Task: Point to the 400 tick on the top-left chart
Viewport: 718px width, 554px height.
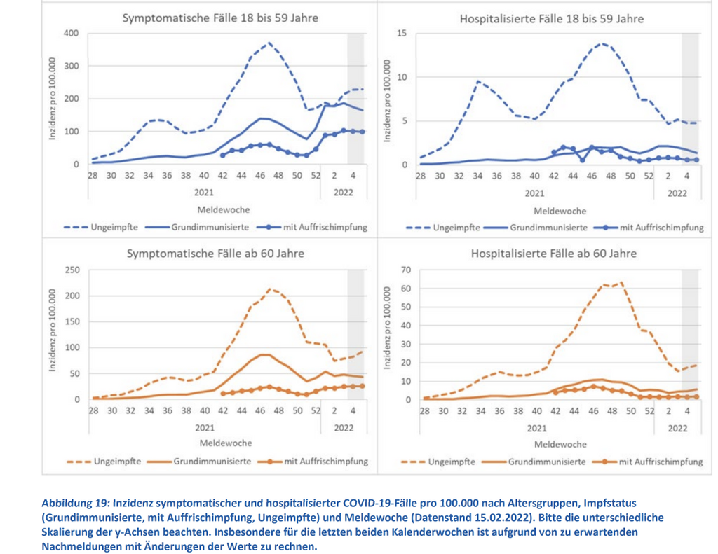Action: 70,34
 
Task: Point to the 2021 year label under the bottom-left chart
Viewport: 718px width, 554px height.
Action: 204,427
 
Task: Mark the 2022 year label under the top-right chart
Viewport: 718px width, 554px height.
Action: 677,192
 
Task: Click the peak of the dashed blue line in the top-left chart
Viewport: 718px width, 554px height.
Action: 269,43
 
